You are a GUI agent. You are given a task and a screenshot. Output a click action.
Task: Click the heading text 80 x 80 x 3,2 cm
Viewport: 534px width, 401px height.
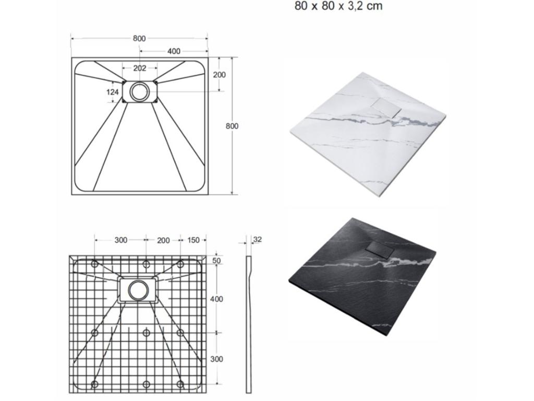pos(338,6)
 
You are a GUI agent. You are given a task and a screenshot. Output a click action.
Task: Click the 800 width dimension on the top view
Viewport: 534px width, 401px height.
pos(139,38)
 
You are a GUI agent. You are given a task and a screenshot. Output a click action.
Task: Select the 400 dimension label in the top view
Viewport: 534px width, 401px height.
pos(174,51)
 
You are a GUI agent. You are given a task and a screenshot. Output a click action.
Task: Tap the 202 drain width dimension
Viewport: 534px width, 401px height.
pos(139,68)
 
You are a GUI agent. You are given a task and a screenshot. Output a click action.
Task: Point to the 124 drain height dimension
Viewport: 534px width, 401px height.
pos(113,92)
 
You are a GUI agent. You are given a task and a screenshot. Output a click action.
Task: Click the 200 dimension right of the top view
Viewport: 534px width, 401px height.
pos(220,75)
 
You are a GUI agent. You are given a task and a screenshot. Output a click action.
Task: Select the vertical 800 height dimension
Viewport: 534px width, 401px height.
pos(232,126)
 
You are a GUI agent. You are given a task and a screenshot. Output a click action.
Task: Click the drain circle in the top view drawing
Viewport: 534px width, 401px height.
pos(139,91)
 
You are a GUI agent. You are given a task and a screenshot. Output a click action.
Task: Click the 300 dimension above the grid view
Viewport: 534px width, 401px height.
pos(120,240)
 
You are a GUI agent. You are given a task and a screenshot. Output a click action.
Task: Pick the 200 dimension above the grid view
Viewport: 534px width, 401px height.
pos(163,240)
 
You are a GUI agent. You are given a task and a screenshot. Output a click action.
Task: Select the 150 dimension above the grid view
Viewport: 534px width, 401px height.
pos(193,240)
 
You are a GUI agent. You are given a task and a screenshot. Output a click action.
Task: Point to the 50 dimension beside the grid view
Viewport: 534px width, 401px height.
pos(217,260)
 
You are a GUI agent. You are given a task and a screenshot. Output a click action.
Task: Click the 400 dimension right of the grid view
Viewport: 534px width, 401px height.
pos(216,299)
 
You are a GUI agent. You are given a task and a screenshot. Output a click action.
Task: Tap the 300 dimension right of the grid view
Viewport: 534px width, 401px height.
pos(216,359)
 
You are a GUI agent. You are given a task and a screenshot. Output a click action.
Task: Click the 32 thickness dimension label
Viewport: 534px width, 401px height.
pos(257,240)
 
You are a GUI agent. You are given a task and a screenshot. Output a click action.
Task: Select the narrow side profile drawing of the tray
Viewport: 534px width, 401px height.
pos(249,324)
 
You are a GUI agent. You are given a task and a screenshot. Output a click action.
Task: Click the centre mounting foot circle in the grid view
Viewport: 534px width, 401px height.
pos(147,333)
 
